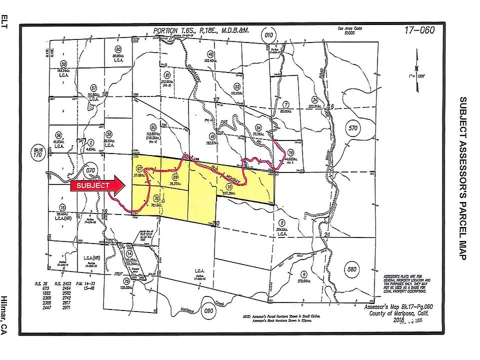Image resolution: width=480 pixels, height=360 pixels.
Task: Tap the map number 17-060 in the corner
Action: [x=419, y=30]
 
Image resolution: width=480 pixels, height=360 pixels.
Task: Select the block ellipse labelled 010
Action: [x=269, y=35]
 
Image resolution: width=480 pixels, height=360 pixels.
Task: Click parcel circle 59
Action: [x=63, y=64]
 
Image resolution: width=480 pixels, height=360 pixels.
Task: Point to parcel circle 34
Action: [x=314, y=99]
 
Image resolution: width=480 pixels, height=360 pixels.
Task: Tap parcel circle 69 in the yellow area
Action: [x=175, y=177]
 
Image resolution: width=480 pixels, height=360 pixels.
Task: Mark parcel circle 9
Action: [x=303, y=274]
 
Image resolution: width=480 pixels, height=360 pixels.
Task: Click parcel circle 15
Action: [x=62, y=207]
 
